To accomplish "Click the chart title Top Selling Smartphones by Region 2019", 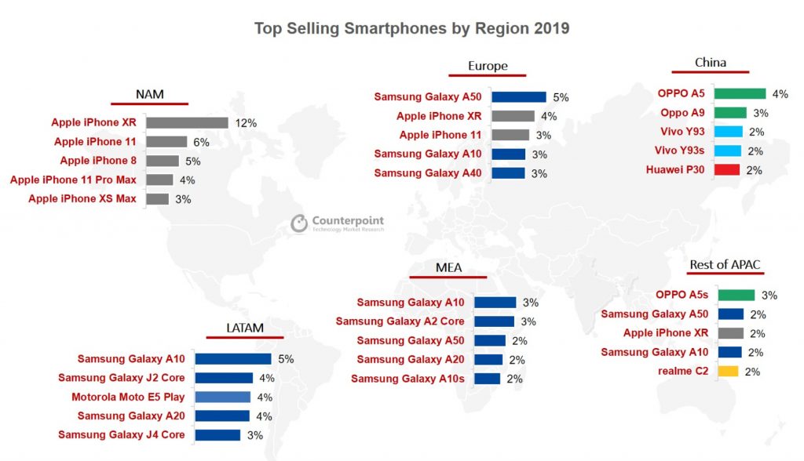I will click(411, 29).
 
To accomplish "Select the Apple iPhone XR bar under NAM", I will click(187, 122).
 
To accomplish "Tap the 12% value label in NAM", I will click(246, 123).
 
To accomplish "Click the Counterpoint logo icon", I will click(299, 223).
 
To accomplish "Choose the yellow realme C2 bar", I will click(729, 371).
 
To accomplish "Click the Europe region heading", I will click(488, 66).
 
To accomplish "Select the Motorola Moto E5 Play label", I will click(128, 397).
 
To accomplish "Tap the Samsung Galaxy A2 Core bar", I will click(495, 321).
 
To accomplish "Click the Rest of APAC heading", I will click(725, 264).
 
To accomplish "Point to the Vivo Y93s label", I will click(681, 151).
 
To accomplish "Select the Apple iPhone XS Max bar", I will click(157, 198).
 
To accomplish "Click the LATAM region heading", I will click(243, 328).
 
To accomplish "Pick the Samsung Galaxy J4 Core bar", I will click(217, 434).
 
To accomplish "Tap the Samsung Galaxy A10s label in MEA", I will click(407, 379).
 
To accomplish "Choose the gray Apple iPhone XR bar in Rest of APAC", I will click(731, 333).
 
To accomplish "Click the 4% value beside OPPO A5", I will click(780, 94).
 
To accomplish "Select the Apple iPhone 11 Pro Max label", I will click(73, 180).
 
